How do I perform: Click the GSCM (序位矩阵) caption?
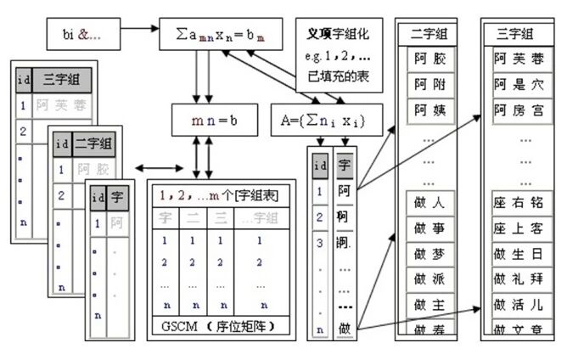(222, 326)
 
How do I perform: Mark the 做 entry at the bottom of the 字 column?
(345, 328)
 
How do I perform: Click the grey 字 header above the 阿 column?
(345, 165)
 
